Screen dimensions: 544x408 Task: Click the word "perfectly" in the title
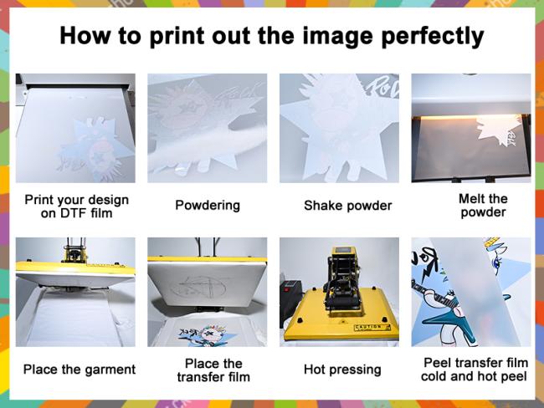(x=433, y=37)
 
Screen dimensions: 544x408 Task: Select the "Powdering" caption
(x=208, y=206)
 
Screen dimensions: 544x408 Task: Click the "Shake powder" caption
(x=347, y=206)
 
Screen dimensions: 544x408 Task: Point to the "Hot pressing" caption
(x=342, y=370)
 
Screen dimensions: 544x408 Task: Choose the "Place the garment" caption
(x=80, y=370)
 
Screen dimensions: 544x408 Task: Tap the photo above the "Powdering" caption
(x=207, y=128)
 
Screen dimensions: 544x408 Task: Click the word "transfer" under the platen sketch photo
(x=197, y=377)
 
